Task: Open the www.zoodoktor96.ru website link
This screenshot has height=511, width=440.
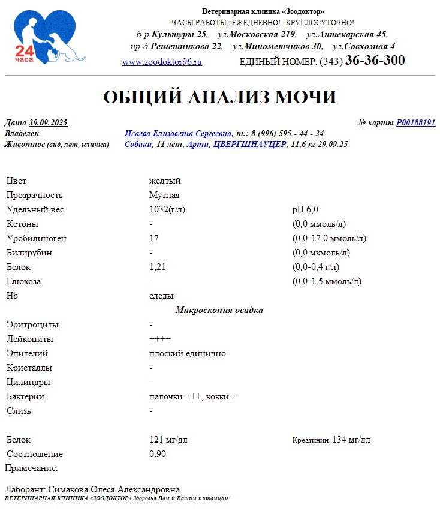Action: (162, 62)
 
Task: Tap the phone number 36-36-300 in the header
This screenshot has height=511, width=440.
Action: (375, 61)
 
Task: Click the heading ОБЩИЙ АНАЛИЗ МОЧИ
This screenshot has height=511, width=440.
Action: (220, 97)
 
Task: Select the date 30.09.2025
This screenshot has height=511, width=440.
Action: (48, 123)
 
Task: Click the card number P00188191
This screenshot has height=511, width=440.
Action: (415, 123)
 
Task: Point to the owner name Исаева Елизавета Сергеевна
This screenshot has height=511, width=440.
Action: (178, 133)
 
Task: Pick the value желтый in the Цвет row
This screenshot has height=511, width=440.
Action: (165, 181)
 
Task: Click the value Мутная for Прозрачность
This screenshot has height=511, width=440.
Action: (164, 195)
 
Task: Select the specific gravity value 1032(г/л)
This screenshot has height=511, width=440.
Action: (167, 209)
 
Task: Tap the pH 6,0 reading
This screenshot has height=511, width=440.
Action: (305, 209)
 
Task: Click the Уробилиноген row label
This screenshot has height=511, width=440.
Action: (37, 238)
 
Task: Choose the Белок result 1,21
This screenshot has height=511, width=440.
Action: (157, 267)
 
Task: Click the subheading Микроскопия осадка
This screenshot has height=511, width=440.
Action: (219, 310)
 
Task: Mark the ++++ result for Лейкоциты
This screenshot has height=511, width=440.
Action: (159, 339)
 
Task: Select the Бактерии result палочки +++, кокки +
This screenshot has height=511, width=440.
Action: (193, 396)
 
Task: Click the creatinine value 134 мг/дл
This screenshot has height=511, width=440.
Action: (351, 440)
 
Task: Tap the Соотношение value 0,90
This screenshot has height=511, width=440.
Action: (158, 454)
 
